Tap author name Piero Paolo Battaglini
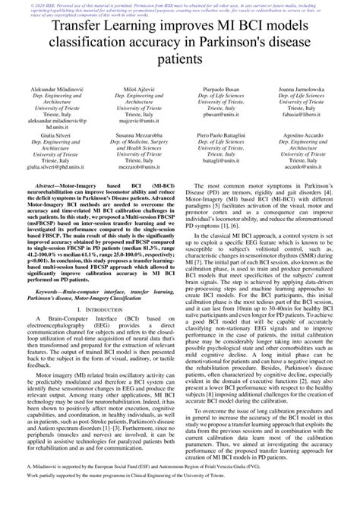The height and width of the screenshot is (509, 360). coord(221,134)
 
